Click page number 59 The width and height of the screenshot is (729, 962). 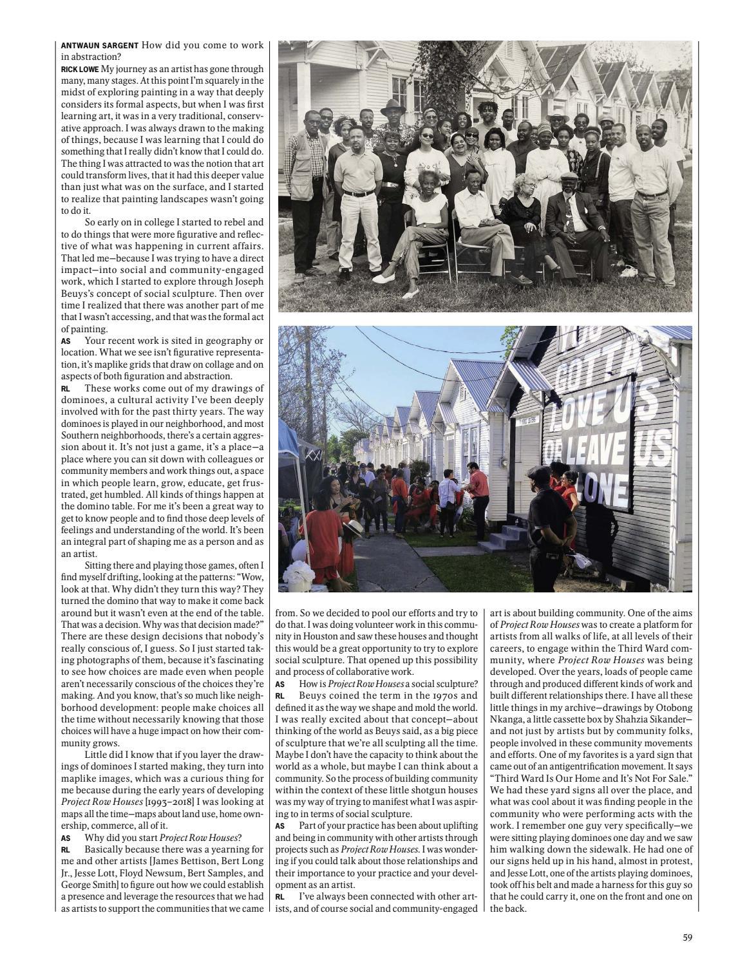(687, 938)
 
